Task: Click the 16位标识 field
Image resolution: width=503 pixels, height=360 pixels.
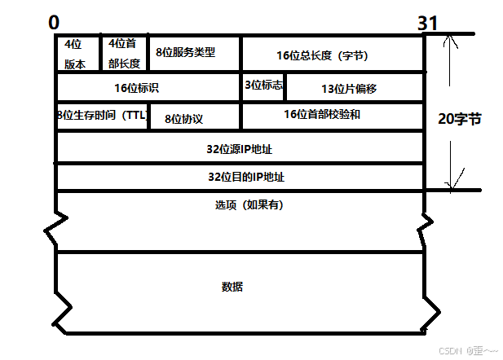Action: (148, 87)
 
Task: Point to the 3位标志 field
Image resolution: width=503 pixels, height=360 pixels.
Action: (263, 85)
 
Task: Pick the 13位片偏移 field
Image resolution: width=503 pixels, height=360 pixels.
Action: (355, 88)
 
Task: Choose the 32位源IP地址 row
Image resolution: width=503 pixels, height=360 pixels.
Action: (240, 148)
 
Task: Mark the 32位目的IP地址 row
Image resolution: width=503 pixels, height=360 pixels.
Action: (240, 177)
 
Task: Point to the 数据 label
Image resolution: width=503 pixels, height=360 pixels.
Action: (232, 287)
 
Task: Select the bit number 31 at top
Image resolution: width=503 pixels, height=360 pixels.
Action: (428, 23)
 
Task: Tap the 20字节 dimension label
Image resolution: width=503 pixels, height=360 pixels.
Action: (460, 119)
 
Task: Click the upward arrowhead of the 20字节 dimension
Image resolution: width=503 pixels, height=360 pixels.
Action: (447, 40)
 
